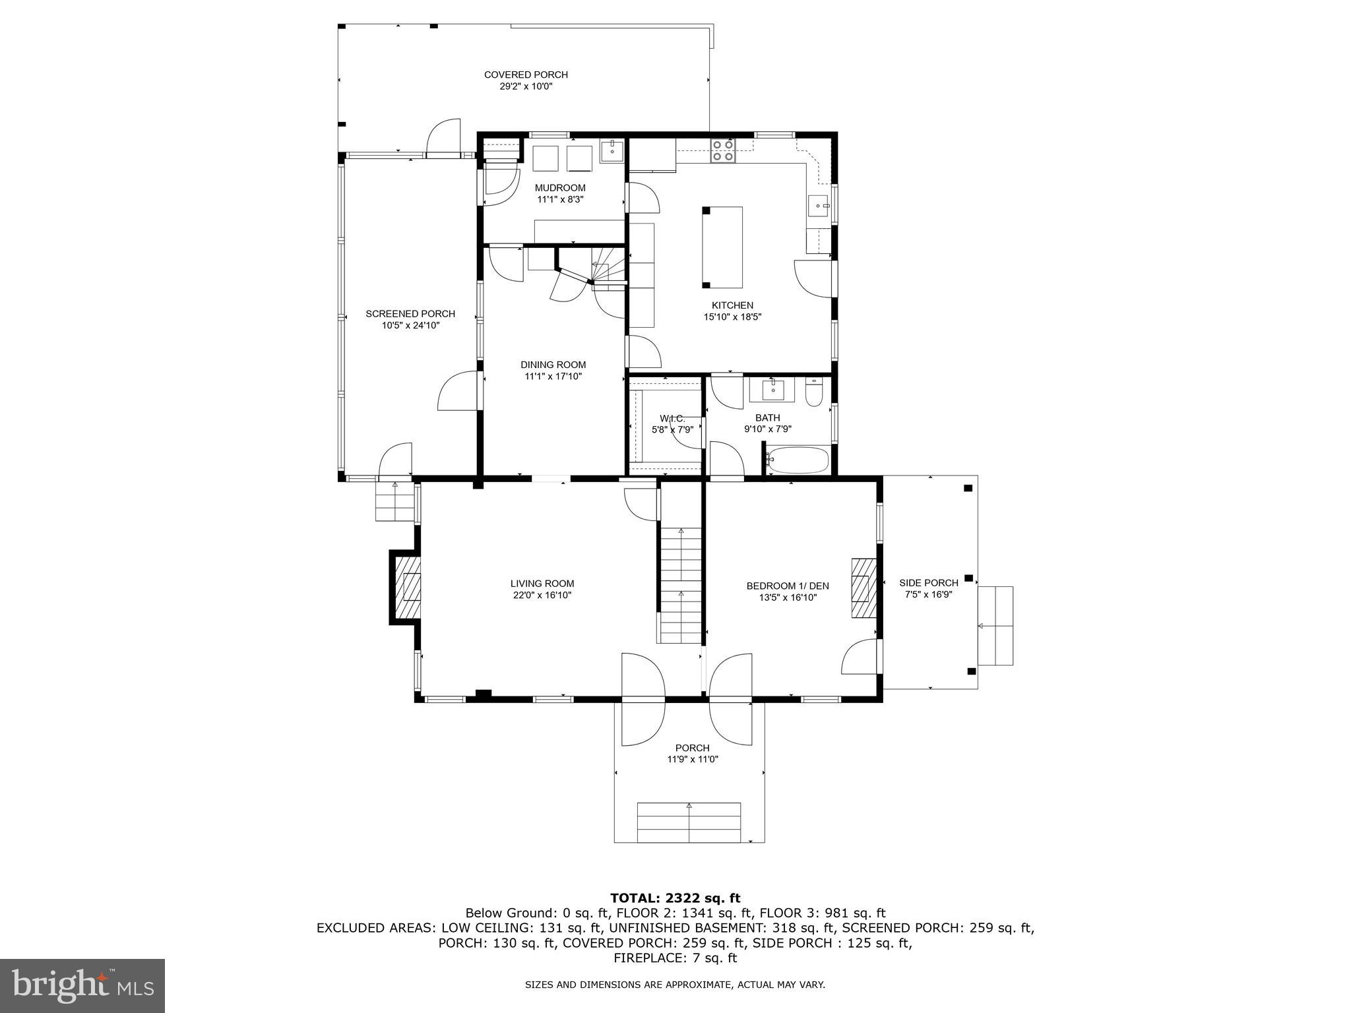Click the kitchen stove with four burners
pyautogui.click(x=723, y=150)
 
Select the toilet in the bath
pyautogui.click(x=813, y=393)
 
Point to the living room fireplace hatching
pyautogui.click(x=408, y=587)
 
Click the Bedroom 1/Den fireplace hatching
pyautogui.click(x=863, y=588)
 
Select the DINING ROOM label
pyautogui.click(x=553, y=365)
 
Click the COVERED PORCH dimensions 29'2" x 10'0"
pyautogui.click(x=525, y=86)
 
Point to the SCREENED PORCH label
pyautogui.click(x=410, y=314)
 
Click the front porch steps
pyautogui.click(x=689, y=822)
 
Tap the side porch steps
pyautogui.click(x=995, y=625)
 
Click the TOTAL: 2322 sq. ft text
pyautogui.click(x=675, y=898)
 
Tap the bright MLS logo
pyautogui.click(x=82, y=985)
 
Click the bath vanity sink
pyautogui.click(x=772, y=390)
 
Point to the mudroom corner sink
pyautogui.click(x=612, y=151)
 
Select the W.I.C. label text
pyautogui.click(x=672, y=419)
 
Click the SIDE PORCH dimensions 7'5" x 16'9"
pyautogui.click(x=928, y=594)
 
